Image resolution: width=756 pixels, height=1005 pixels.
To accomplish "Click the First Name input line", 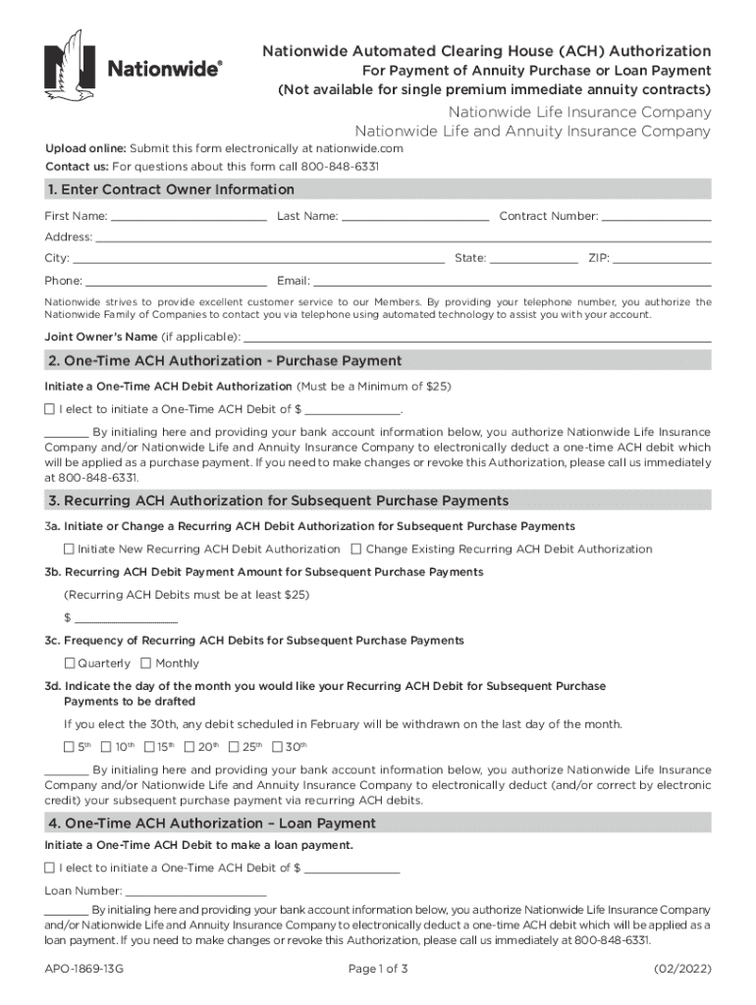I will (189, 217).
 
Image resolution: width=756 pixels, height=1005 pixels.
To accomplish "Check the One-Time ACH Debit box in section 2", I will (50, 408).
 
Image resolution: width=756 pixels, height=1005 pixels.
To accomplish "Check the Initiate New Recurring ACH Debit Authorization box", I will (69, 550).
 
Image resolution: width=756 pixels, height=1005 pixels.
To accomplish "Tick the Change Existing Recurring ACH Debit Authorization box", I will (356, 550).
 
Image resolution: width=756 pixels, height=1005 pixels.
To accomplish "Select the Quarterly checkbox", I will (69, 663).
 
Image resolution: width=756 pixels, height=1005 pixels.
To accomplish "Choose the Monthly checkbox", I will (146, 663).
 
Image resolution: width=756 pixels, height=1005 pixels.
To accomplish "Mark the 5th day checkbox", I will (69, 747).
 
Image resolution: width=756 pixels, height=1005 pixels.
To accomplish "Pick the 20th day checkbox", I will (189, 747).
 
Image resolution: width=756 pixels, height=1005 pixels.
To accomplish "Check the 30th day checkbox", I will (277, 747).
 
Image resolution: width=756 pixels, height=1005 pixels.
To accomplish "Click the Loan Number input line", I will (196, 892).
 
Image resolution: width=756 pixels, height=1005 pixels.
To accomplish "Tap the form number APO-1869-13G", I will (84, 969).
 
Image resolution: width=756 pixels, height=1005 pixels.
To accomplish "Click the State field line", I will (533, 260).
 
